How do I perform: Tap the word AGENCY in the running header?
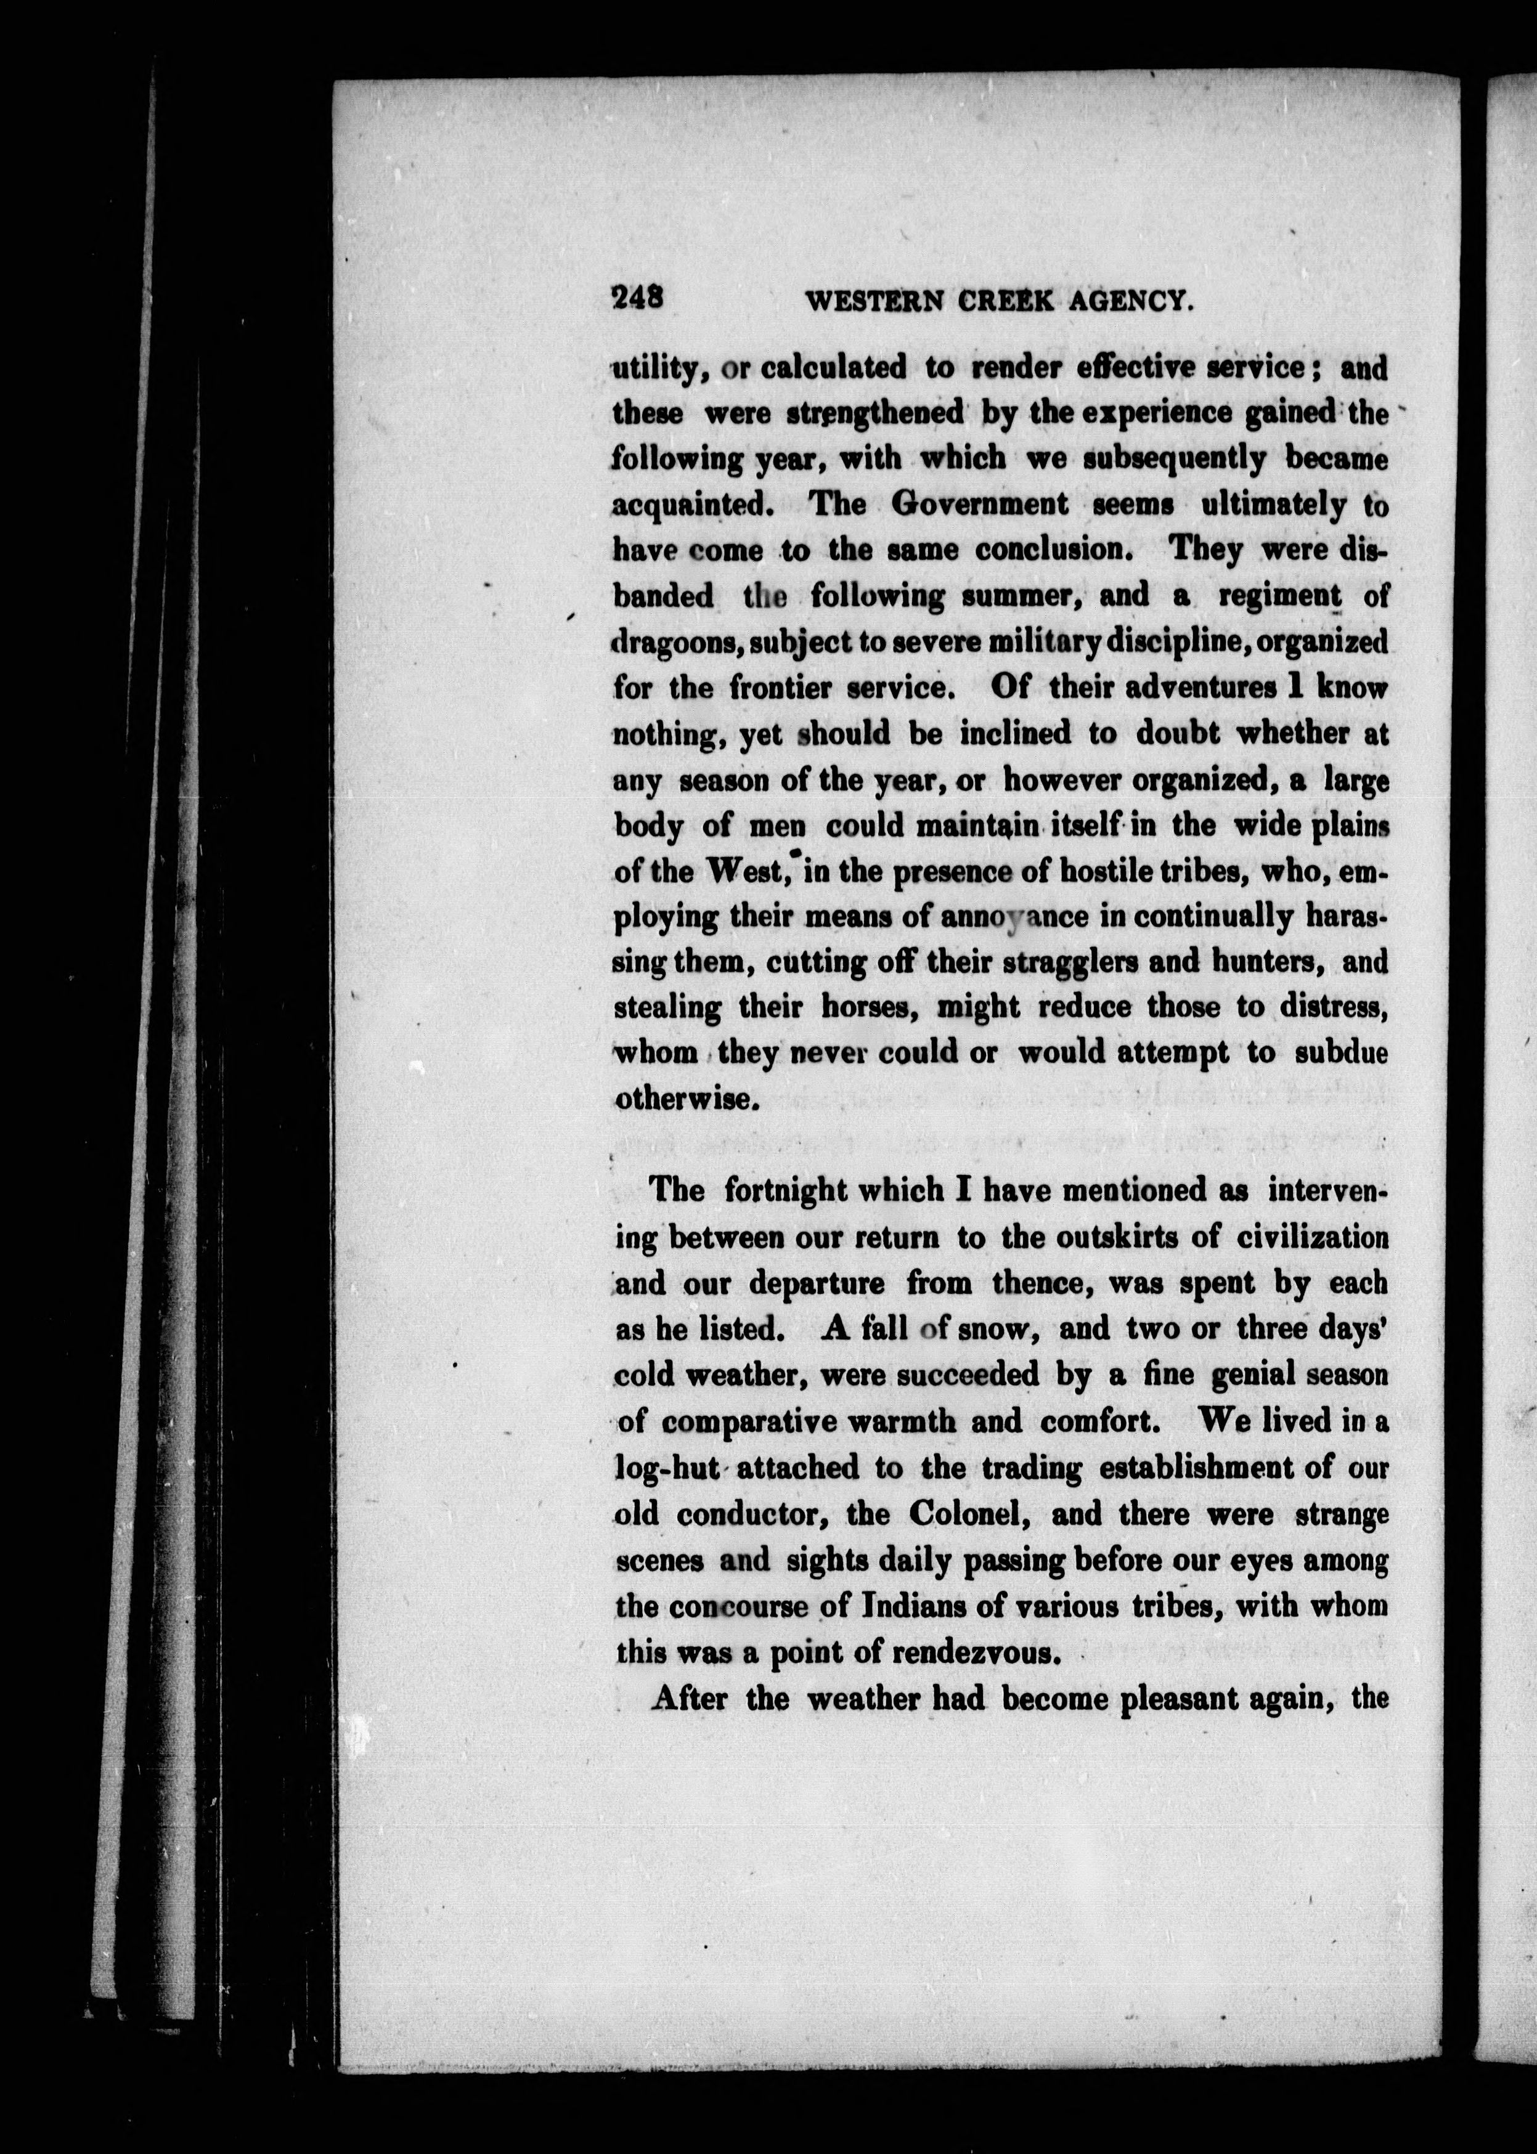[1128, 302]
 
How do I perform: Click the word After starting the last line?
[690, 1699]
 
